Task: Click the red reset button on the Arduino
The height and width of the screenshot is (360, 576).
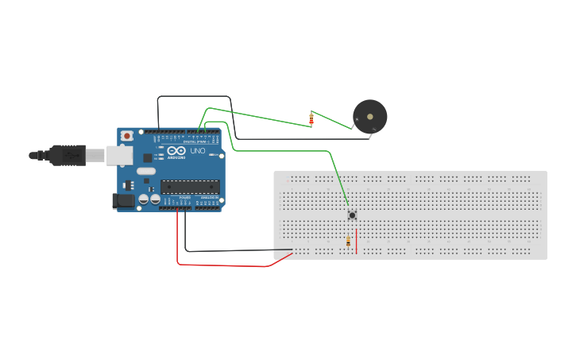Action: pos(126,136)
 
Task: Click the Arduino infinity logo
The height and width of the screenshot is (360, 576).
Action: pos(176,151)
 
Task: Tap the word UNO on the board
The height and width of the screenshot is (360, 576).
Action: pos(197,151)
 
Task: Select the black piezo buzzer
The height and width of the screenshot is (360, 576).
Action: pos(369,117)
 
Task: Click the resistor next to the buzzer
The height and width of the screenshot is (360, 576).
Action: pos(311,119)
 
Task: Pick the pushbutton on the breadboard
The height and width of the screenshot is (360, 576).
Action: pos(351,215)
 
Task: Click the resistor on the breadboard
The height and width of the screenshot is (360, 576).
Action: pos(348,242)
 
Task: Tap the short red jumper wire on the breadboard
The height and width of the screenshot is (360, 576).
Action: pos(357,241)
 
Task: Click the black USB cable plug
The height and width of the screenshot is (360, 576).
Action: pos(67,155)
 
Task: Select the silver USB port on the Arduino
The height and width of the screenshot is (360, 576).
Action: pos(118,155)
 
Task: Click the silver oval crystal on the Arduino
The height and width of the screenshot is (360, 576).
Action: pos(146,171)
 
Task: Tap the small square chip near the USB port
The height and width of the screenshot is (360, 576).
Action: pos(148,157)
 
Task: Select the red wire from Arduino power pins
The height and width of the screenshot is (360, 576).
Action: pos(222,265)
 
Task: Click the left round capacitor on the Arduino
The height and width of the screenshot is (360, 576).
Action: pos(144,199)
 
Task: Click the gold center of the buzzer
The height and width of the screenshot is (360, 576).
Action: pos(370,116)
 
